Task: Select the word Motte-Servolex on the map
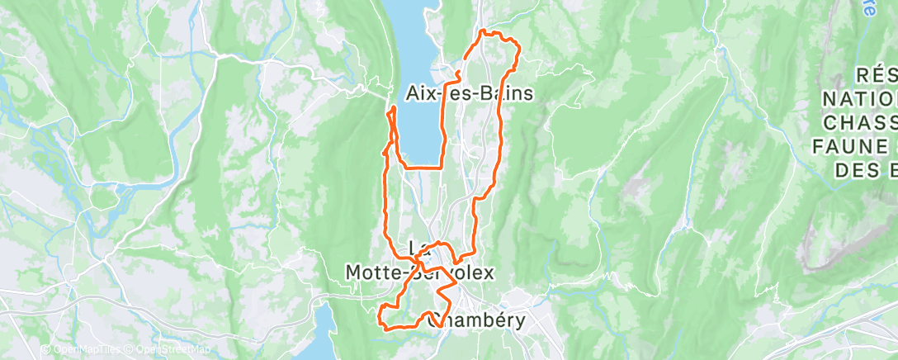[418, 272]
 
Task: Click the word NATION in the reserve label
[859, 99]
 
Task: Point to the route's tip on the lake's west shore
[392, 108]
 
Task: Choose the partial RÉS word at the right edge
[876, 75]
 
